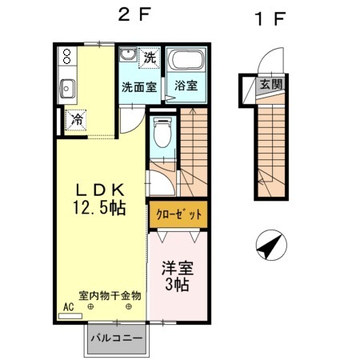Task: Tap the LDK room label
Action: coord(99,190)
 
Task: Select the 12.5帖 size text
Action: coord(100,208)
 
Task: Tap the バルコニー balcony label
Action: coord(116,338)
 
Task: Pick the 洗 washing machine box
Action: coord(150,58)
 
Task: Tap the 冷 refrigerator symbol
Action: coord(78,119)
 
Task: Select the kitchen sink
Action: coord(66,87)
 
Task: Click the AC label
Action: coord(68,306)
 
